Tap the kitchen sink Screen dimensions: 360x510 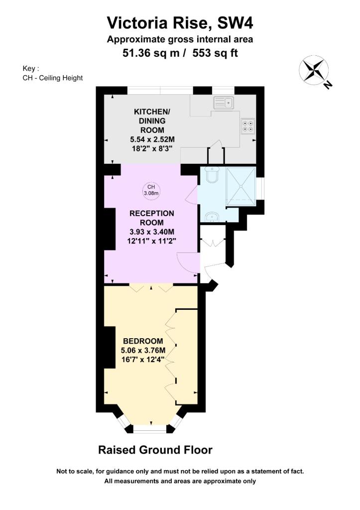224,103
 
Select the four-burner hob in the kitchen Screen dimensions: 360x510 248,126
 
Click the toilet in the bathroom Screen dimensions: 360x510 213,174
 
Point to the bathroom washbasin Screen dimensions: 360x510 212,216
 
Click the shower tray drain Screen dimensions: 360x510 241,186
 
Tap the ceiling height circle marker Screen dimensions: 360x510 151,190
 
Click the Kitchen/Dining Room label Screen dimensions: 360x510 152,121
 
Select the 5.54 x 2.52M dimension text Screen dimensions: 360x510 152,139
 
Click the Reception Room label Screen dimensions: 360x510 152,218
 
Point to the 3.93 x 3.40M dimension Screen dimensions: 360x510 152,232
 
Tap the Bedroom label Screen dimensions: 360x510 143,341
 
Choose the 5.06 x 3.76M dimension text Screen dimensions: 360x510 143,350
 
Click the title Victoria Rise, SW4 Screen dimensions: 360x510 180,23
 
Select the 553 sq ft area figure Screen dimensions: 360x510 215,53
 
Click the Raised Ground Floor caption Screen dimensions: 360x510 155,450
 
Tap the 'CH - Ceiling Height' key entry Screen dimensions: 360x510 53,78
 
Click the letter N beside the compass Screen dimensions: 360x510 328,85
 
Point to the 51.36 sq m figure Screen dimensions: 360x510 151,53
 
